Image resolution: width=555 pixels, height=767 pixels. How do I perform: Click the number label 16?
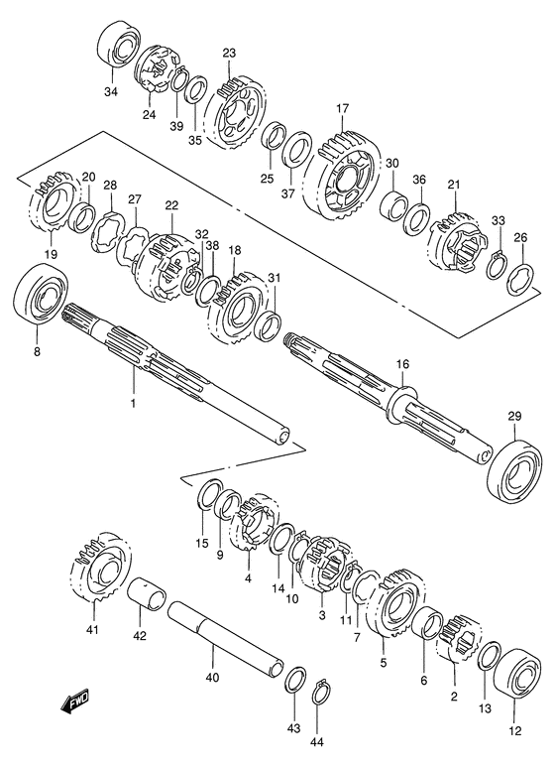pos(402,365)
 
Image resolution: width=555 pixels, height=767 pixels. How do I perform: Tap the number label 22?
pos(171,205)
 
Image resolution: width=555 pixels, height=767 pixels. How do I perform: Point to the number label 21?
pos(455,186)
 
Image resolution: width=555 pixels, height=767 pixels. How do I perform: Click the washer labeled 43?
pos(294,681)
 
